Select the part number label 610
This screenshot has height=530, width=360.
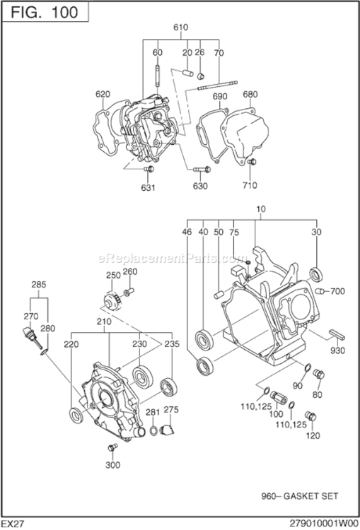(x=180, y=28)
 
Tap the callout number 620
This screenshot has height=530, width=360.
(x=103, y=94)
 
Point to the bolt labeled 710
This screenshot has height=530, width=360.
(x=251, y=164)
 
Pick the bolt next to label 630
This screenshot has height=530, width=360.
(x=200, y=170)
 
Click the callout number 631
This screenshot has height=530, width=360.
(x=148, y=187)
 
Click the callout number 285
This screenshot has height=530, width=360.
(x=39, y=285)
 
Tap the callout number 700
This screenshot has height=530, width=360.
(x=337, y=290)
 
